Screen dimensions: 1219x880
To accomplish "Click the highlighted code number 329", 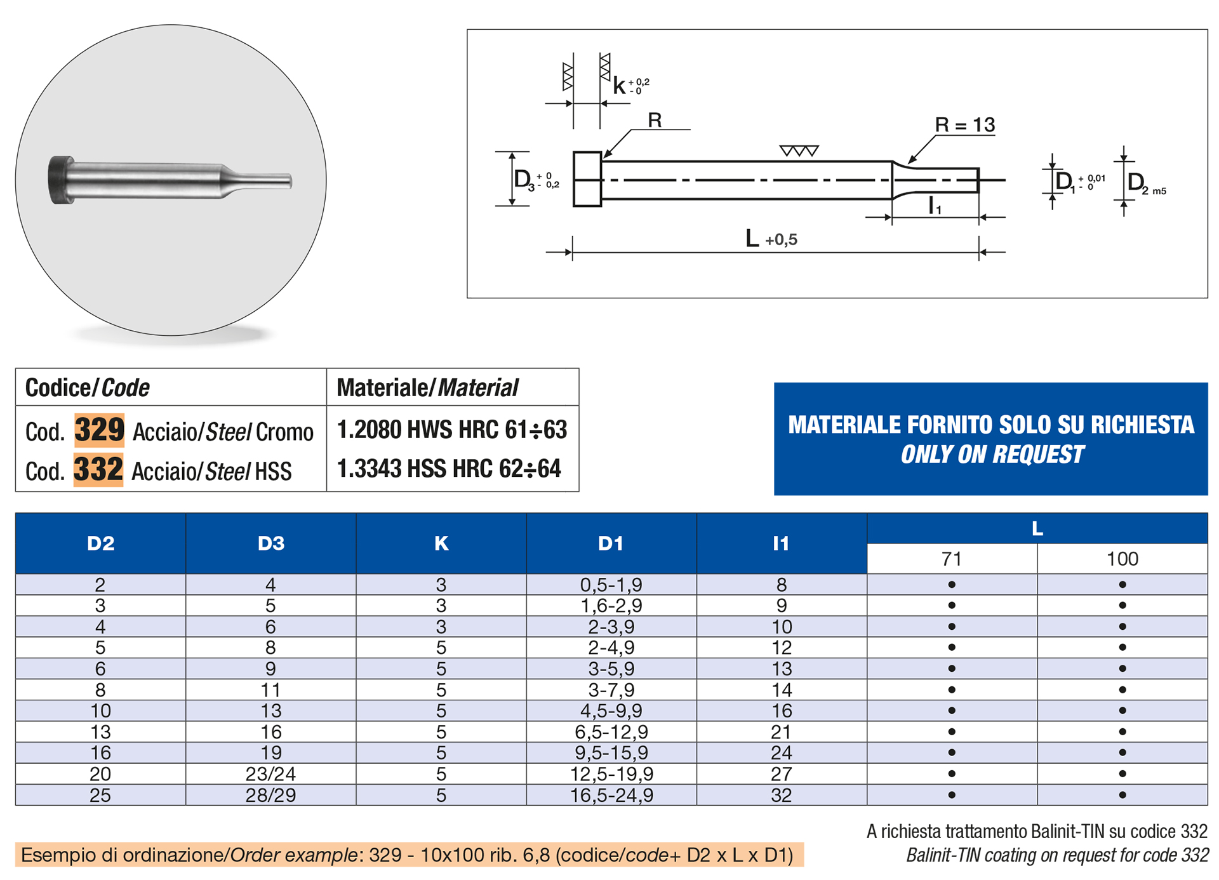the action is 99,430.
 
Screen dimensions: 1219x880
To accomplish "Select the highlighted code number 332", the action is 98,469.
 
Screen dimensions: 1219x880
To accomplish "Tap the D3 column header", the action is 271,543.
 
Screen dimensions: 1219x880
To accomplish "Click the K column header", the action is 441,543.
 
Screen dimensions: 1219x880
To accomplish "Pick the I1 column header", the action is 781,543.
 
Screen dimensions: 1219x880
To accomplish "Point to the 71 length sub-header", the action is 951,559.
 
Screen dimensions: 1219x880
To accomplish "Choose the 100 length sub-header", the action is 1122,559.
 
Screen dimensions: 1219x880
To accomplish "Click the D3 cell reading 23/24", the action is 270,774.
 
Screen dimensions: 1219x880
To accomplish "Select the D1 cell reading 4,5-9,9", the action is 611,710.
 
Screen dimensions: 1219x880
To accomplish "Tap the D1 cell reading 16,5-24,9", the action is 611,795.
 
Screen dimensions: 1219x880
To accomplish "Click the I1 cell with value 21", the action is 781,732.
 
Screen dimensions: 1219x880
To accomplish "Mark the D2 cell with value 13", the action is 100,732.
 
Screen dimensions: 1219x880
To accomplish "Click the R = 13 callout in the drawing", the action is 964,125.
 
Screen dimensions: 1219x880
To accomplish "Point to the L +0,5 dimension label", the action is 771,239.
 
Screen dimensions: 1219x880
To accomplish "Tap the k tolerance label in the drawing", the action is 631,85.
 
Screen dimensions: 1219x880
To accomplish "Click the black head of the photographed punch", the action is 61,180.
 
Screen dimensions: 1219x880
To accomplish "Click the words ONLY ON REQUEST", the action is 992,455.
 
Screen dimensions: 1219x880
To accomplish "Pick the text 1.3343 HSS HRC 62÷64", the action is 449,469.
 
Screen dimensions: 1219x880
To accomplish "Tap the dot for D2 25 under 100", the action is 1122,795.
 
